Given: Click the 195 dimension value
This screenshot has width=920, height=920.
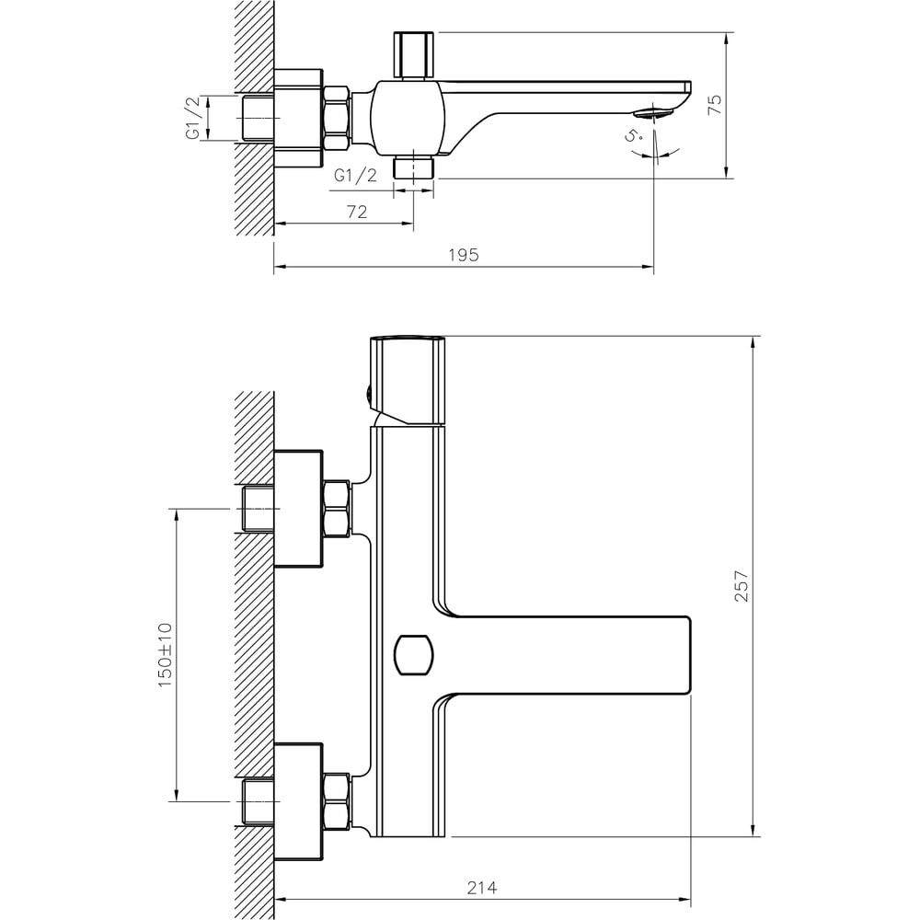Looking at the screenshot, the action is click(464, 255).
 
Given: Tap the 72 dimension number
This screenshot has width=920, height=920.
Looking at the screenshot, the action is click(357, 212).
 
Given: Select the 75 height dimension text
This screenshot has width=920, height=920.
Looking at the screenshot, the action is click(715, 105).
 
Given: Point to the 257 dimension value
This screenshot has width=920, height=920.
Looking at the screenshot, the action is click(742, 585).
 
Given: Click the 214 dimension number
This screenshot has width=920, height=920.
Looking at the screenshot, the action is click(482, 888).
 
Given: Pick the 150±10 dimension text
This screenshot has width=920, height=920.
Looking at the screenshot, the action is click(166, 655).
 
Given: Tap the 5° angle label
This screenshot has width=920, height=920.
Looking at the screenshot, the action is click(633, 135).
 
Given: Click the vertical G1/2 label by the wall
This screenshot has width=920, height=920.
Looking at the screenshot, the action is click(193, 118).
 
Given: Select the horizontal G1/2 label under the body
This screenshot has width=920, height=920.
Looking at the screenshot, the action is click(355, 175).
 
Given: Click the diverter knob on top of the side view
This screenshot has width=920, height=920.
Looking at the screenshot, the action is click(414, 55).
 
